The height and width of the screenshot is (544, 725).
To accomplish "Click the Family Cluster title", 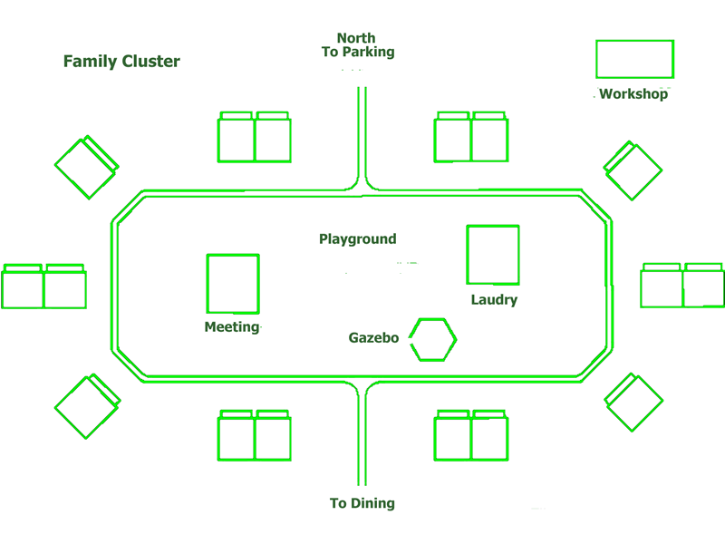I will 121,62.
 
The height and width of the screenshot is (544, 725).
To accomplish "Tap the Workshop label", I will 633,93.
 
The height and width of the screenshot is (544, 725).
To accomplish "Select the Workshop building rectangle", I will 634,59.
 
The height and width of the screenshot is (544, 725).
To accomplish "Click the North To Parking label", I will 358,45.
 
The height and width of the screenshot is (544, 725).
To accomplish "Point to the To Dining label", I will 362,503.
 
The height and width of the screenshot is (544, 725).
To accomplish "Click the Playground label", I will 357,239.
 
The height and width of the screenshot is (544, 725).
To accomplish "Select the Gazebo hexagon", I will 432,339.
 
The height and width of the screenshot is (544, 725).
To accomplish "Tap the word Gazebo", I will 373,338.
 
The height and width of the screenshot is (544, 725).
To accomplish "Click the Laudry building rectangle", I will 493,255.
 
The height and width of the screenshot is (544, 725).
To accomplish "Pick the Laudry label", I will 494,300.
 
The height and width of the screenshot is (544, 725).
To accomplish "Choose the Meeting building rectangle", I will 233,284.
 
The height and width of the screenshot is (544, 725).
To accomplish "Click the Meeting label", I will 232,327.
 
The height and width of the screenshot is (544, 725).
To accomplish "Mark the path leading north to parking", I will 362,136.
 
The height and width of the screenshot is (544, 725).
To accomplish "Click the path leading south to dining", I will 362,435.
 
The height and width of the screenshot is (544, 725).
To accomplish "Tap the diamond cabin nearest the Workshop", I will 633,170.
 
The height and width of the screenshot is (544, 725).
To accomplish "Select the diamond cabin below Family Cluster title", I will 86,168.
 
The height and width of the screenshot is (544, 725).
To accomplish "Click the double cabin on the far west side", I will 43,287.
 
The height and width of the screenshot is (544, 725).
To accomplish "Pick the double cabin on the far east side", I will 682,286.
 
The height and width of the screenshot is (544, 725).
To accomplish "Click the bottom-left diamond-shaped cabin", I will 86,405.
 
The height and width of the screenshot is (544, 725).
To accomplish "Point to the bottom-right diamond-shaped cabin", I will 634,402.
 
